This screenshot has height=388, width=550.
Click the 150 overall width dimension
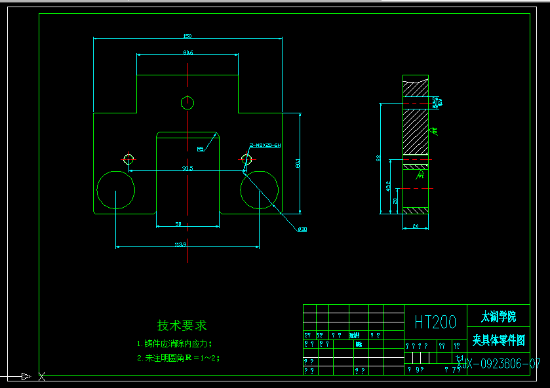(x=187, y=35)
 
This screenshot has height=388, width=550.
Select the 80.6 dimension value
(x=187, y=52)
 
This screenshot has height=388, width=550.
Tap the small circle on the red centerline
(x=187, y=102)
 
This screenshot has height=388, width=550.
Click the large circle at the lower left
(x=116, y=190)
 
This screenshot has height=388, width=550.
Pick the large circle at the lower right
(x=260, y=190)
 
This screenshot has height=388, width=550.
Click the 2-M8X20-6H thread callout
(x=265, y=145)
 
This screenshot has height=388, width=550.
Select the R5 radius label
(x=200, y=149)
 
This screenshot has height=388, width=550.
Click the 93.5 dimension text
(x=187, y=168)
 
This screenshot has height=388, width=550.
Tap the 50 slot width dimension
(x=178, y=224)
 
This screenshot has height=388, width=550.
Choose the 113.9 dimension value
(x=181, y=244)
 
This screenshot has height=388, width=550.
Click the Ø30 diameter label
(x=302, y=229)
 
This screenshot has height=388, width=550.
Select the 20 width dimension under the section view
(x=415, y=226)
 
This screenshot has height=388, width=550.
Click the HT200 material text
(x=435, y=322)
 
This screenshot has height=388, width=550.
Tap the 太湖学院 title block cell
(x=498, y=317)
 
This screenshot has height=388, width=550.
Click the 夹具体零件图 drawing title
(x=498, y=340)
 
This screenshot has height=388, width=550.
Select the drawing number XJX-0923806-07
(x=498, y=364)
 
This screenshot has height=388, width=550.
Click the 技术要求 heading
(x=182, y=325)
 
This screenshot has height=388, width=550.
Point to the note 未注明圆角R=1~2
(x=178, y=358)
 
